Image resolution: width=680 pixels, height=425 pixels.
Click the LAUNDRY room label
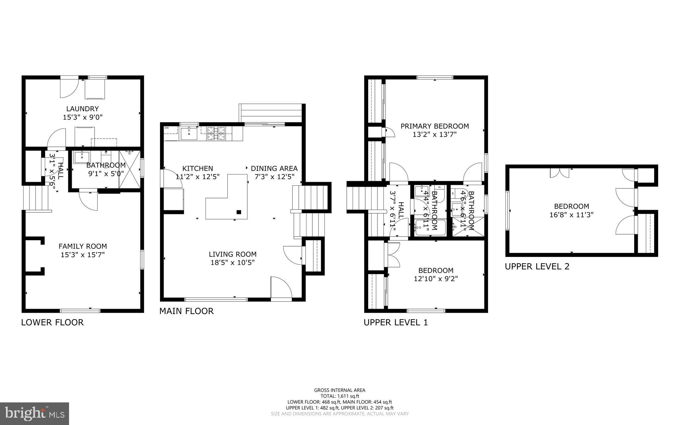click(x=82, y=109)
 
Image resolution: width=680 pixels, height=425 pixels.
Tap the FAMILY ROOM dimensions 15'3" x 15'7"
click(x=83, y=255)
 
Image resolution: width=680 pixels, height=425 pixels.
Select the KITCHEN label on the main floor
click(x=198, y=168)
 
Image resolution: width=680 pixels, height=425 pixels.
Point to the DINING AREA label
click(x=274, y=168)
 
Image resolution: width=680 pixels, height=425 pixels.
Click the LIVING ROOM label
click(x=232, y=254)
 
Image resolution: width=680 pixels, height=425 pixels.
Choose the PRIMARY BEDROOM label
click(x=435, y=126)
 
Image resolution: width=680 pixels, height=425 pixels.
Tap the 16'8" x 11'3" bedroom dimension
click(x=571, y=215)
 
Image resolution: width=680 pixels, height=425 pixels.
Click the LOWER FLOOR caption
click(x=52, y=322)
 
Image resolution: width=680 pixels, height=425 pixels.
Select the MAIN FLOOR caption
click(x=186, y=311)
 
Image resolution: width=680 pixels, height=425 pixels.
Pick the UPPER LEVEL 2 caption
click(x=537, y=266)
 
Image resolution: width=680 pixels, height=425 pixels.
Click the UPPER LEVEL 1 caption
click(x=395, y=322)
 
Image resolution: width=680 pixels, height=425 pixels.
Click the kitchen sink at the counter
click(x=189, y=134)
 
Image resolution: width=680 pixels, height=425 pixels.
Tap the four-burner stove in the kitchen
click(x=216, y=133)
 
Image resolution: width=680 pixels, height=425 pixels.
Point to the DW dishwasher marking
click(x=166, y=128)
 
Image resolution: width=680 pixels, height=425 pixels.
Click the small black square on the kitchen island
click(x=238, y=212)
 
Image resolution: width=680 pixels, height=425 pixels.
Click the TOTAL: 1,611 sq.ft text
click(x=339, y=396)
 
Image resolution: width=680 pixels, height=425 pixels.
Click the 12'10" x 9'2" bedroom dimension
click(x=436, y=279)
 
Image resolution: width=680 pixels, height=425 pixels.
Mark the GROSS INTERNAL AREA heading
click(x=339, y=390)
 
